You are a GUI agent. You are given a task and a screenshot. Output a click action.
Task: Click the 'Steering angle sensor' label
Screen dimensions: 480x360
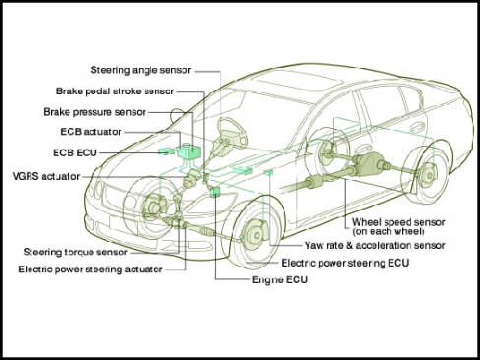(x=141, y=71)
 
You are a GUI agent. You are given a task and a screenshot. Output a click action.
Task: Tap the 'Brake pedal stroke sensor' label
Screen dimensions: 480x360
(x=115, y=91)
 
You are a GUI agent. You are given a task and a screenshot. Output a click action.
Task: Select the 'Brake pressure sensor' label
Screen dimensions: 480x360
(x=94, y=112)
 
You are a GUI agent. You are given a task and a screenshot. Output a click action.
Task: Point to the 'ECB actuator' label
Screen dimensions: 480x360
(x=90, y=132)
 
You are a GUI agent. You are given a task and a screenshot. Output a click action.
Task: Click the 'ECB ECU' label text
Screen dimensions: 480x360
(x=75, y=152)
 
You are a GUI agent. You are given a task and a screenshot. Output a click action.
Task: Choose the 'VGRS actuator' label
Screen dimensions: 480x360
(x=46, y=176)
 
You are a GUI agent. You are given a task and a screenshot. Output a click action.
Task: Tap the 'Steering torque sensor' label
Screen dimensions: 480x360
(x=76, y=252)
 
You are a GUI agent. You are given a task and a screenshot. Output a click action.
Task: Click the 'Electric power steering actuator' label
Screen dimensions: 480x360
(x=90, y=270)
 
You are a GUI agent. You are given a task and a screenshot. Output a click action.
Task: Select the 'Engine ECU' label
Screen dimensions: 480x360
(x=279, y=280)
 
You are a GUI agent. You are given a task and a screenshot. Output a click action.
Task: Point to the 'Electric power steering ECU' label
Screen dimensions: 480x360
(x=345, y=263)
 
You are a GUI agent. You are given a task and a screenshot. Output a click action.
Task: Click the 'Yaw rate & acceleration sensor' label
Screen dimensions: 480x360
(x=375, y=245)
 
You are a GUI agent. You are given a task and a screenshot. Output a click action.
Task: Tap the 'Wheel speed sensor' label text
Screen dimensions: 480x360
(x=398, y=222)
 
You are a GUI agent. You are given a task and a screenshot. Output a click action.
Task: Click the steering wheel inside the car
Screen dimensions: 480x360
(x=232, y=132)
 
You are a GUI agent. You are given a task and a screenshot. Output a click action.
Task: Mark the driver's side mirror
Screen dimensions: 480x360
(x=177, y=115)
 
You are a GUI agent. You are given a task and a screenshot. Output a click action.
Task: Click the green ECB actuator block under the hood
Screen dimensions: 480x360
(x=189, y=151)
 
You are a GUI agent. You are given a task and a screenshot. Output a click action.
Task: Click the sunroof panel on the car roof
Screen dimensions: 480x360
(x=299, y=81)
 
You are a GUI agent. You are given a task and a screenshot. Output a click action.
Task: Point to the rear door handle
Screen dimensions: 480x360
(x=418, y=126)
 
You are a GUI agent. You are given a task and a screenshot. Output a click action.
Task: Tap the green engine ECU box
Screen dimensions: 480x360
(x=215, y=192)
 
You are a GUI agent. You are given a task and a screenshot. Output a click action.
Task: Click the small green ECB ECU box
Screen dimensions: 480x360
(x=166, y=151)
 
